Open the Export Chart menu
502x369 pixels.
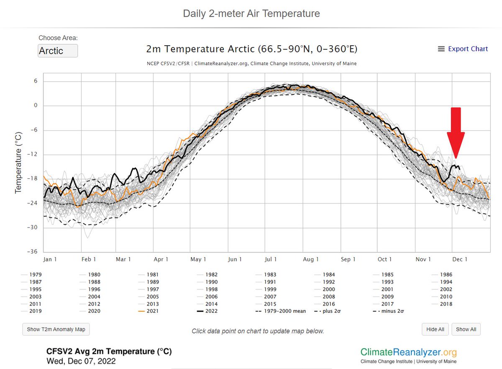[x=463, y=49]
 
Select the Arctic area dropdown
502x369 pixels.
[x=58, y=51]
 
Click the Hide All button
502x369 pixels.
[x=435, y=329]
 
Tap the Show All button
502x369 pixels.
[x=466, y=329]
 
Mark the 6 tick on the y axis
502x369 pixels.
[x=36, y=81]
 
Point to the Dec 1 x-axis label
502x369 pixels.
[x=460, y=259]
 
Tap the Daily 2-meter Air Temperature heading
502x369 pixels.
[x=251, y=13]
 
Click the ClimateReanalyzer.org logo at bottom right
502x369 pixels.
[x=408, y=354]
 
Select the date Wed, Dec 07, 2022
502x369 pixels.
[x=81, y=361]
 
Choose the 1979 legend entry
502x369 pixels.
[x=36, y=275]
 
